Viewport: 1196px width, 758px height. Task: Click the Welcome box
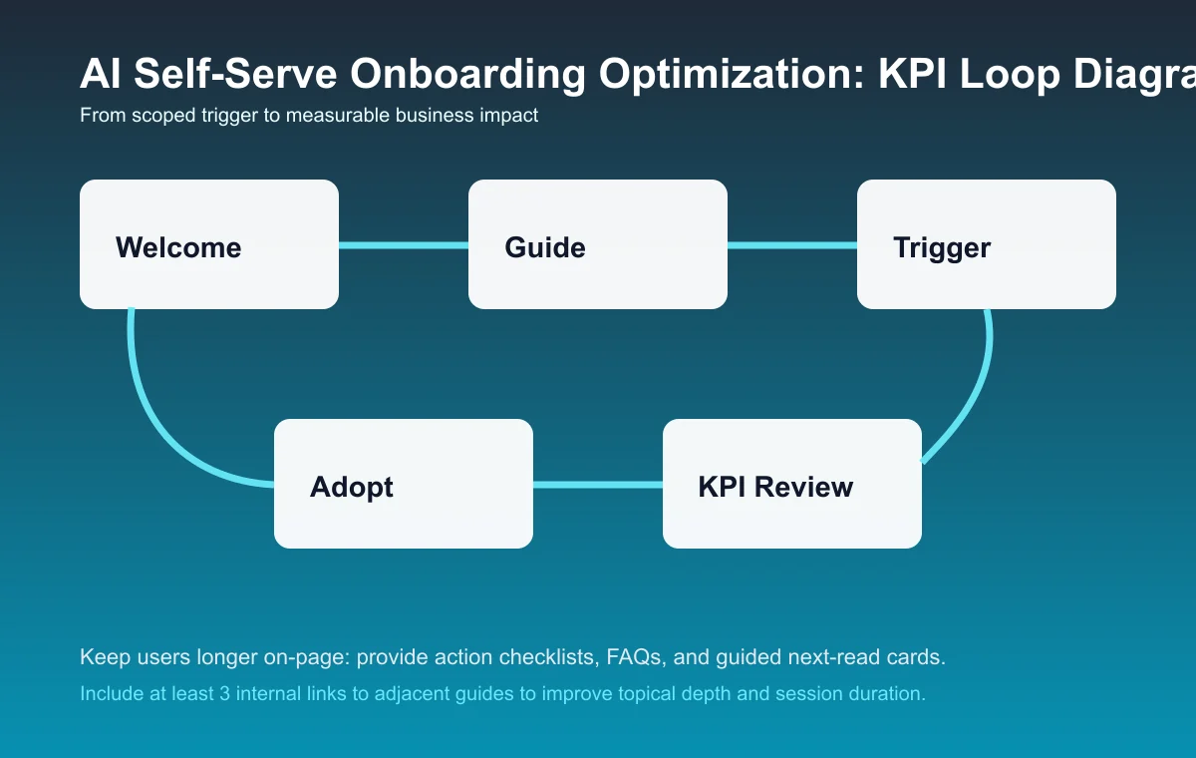(209, 244)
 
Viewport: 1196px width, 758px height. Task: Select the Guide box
(598, 244)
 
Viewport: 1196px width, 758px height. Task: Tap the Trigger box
(987, 244)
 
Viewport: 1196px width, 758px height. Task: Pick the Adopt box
(404, 484)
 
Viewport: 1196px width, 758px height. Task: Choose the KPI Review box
(792, 484)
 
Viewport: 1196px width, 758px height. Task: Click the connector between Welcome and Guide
(404, 245)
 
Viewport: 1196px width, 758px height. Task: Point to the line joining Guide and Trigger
(792, 245)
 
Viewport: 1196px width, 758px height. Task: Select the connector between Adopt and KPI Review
(598, 485)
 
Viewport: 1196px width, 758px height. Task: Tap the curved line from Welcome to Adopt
(159, 419)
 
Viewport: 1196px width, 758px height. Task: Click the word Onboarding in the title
(425, 76)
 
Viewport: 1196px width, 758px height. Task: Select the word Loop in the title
(1001, 76)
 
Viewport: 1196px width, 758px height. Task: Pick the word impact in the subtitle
(510, 116)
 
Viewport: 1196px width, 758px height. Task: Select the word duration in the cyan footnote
(889, 693)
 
